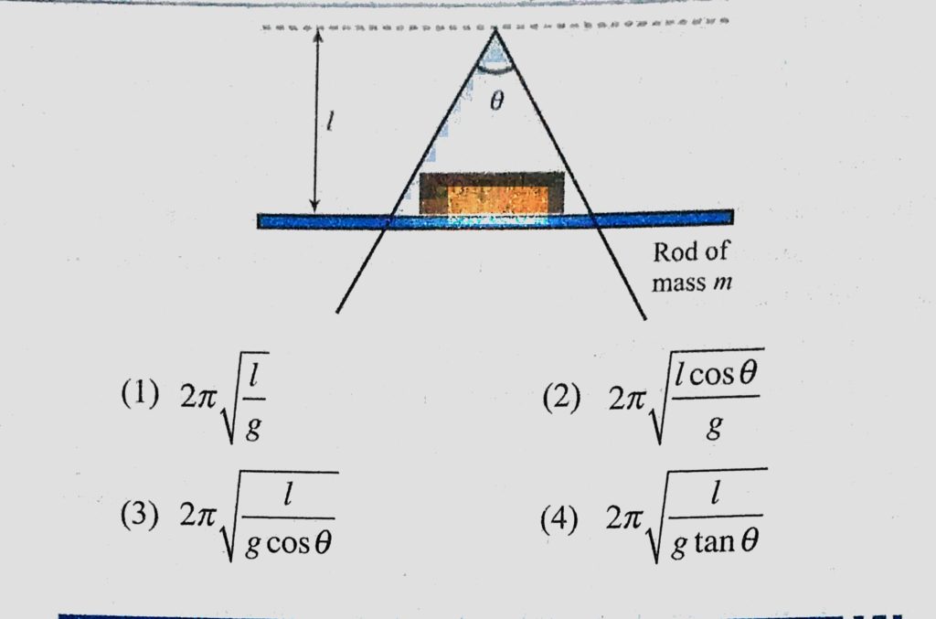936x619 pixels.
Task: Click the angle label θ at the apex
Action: point(496,102)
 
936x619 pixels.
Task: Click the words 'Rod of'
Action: point(690,253)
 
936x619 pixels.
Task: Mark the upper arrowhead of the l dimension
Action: point(317,34)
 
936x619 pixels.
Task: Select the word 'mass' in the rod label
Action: point(678,283)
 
